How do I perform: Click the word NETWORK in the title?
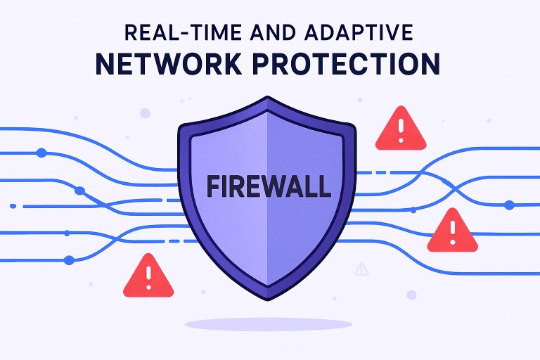(166, 65)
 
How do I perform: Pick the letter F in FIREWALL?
(214, 186)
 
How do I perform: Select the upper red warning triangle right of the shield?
(401, 129)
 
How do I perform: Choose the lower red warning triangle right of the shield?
(452, 231)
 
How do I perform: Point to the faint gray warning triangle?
(362, 268)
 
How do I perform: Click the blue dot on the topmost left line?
(41, 153)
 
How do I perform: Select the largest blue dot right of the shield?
(510, 205)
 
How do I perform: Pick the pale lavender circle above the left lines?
(145, 112)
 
